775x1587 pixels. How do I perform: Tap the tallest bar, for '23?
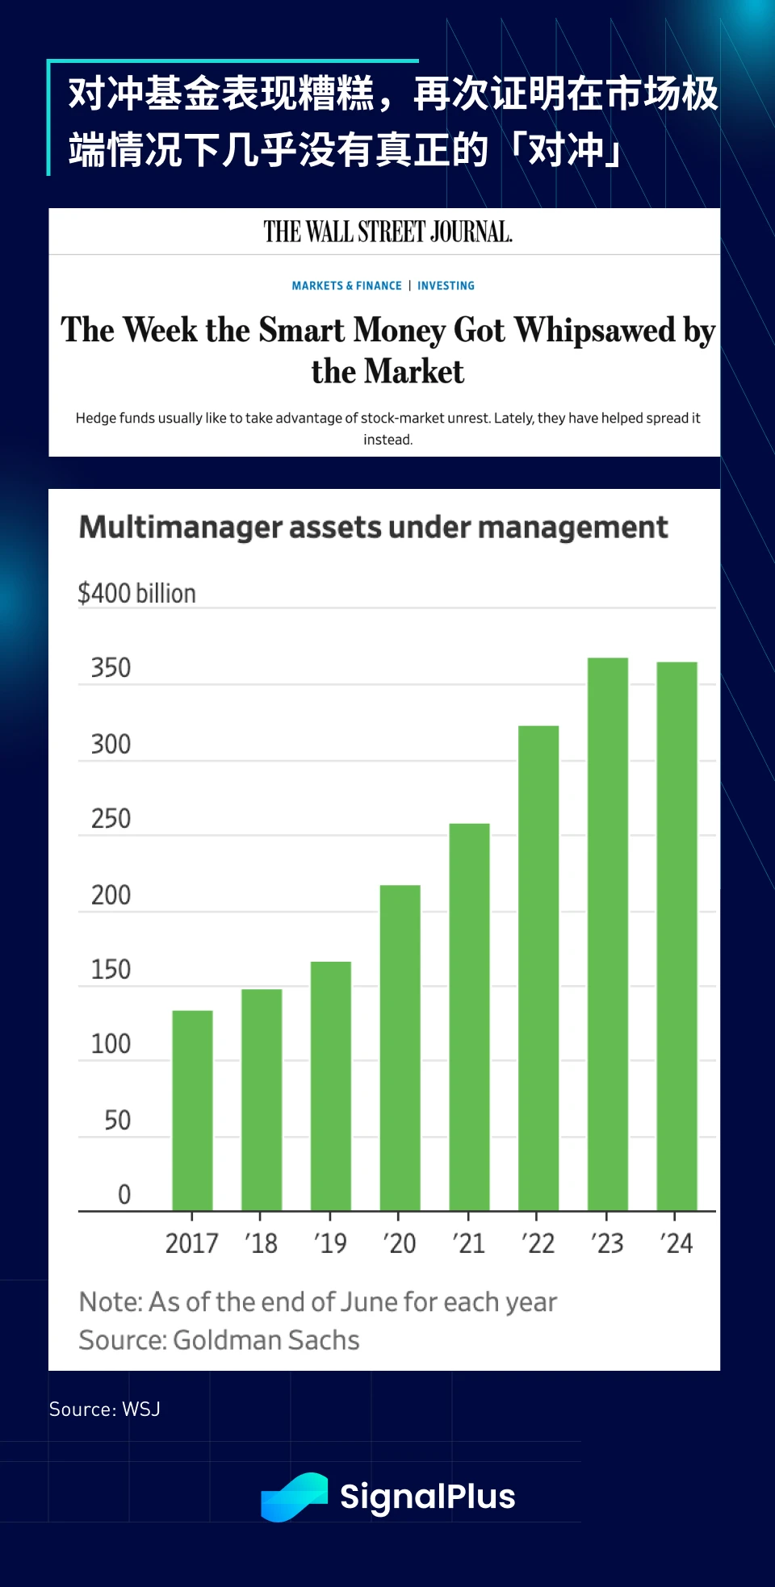tap(607, 933)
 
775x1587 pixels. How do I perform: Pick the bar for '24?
tap(677, 936)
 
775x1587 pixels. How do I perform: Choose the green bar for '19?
tap(330, 1085)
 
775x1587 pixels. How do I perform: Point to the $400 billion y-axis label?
tap(136, 594)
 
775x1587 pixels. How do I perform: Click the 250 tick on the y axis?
tap(111, 819)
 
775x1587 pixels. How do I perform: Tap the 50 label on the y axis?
tap(117, 1120)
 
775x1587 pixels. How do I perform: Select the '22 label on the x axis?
tap(538, 1243)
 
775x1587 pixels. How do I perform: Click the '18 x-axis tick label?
tap(261, 1243)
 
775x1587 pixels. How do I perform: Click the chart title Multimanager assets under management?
tap(373, 528)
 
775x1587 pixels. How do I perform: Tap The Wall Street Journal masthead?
tap(387, 232)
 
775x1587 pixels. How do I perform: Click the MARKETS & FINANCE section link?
tap(346, 286)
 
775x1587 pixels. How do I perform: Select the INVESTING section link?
tap(446, 286)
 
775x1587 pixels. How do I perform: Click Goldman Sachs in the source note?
tap(266, 1340)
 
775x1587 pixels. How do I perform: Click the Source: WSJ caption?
tap(105, 1410)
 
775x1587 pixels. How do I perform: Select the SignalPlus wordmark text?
tap(427, 1497)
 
